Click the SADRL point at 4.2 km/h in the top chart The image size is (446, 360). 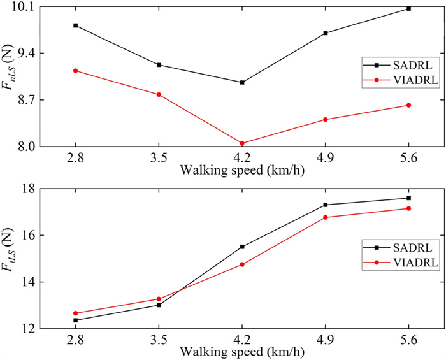pyautogui.click(x=242, y=82)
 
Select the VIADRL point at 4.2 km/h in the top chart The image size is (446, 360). pyautogui.click(x=242, y=143)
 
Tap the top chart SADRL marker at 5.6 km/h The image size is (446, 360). pyautogui.click(x=408, y=8)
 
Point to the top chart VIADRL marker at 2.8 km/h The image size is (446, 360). pyautogui.click(x=75, y=71)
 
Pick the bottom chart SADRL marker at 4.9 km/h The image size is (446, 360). pyautogui.click(x=326, y=205)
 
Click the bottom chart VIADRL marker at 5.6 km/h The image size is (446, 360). pyautogui.click(x=408, y=208)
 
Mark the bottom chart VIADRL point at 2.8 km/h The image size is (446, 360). pyautogui.click(x=75, y=313)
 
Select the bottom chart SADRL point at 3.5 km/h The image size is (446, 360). pyautogui.click(x=159, y=305)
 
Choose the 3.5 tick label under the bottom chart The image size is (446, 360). pyautogui.click(x=159, y=341)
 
